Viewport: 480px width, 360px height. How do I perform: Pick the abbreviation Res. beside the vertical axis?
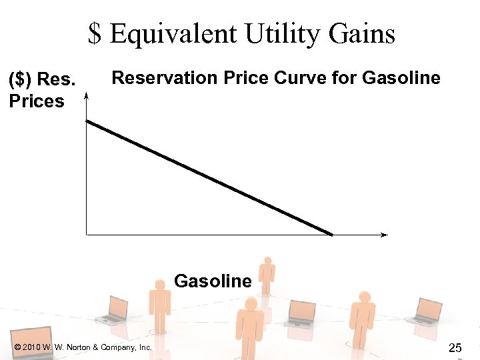(57, 80)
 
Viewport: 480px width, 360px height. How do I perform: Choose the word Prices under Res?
(37, 101)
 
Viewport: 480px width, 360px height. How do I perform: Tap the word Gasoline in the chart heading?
(401, 78)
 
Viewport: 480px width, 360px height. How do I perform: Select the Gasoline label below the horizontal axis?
(213, 281)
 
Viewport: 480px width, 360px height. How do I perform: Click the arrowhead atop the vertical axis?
(87, 96)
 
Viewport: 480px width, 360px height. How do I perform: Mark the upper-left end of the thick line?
(88, 121)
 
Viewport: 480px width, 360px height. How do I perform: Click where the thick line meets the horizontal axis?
(331, 234)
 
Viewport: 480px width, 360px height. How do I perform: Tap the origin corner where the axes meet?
(87, 235)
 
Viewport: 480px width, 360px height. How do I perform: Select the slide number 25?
(455, 347)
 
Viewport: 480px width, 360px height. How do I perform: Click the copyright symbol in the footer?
(17, 347)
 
